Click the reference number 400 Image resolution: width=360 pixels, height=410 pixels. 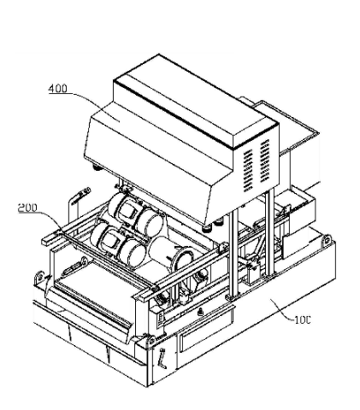click(x=58, y=89)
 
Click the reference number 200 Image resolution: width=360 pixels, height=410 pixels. click(x=27, y=208)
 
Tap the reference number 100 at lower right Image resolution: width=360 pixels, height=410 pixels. click(x=302, y=320)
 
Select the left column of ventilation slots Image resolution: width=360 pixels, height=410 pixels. click(x=248, y=171)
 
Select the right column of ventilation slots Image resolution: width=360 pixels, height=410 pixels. click(x=265, y=161)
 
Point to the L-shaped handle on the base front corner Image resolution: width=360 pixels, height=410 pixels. click(x=162, y=358)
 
